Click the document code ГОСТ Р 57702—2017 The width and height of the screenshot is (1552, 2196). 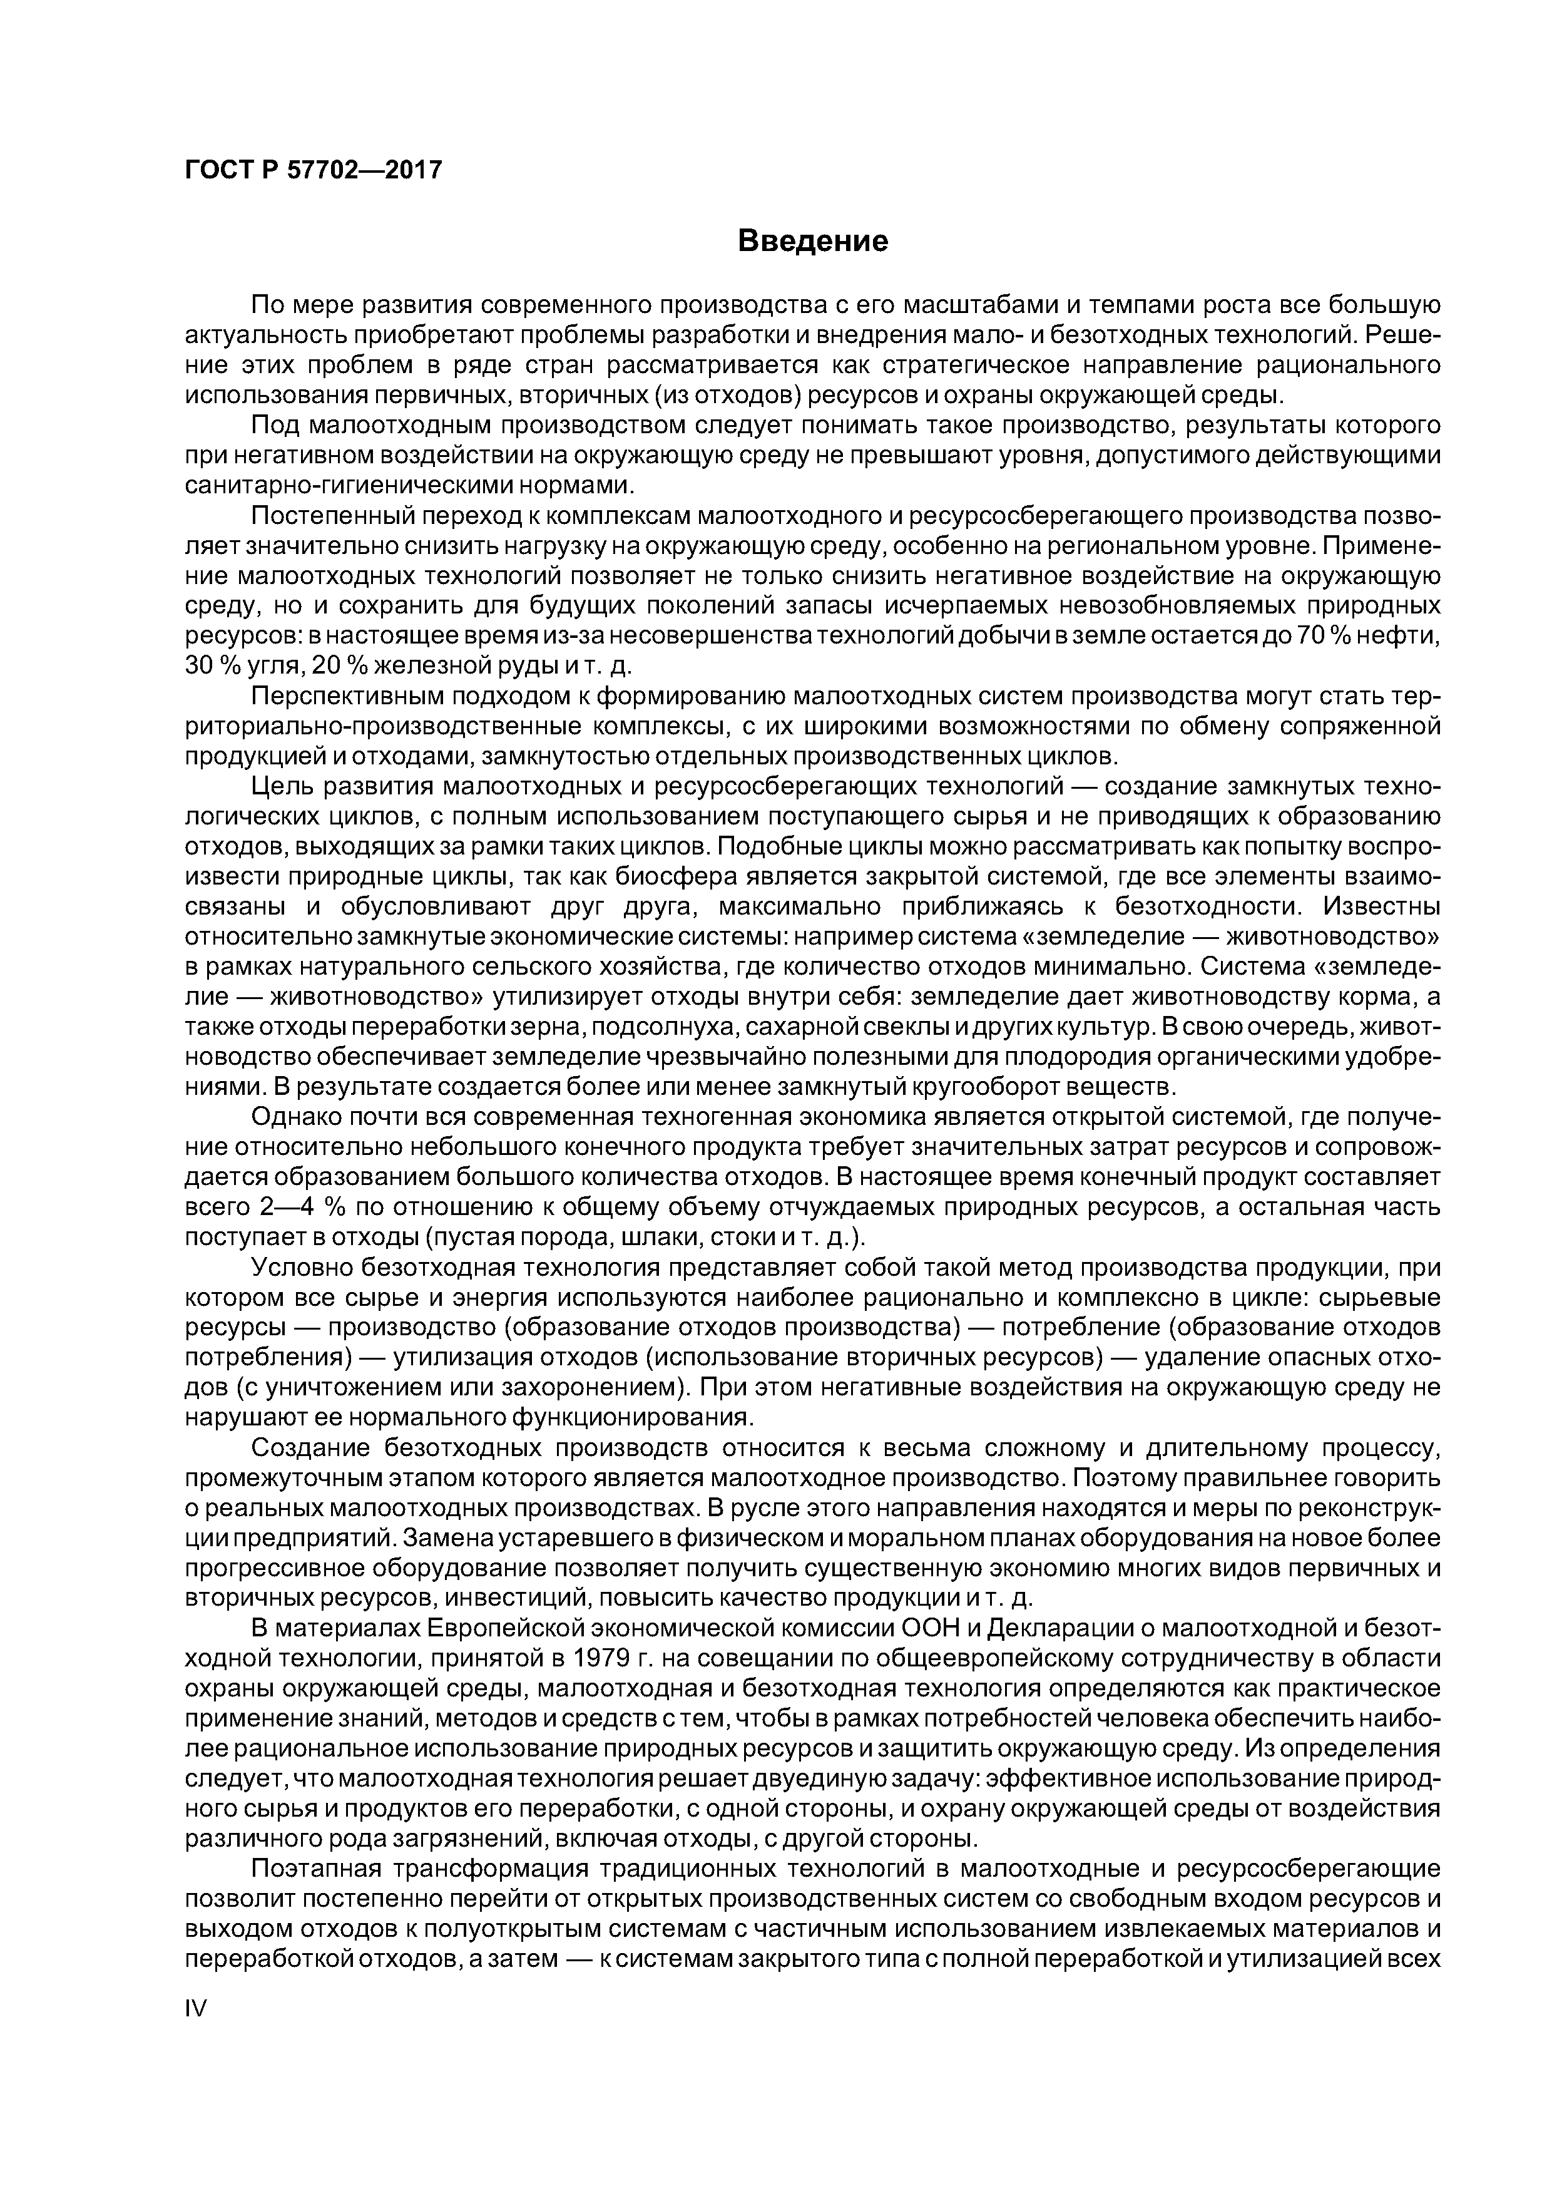click(313, 170)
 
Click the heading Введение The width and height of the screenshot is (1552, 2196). click(813, 241)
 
